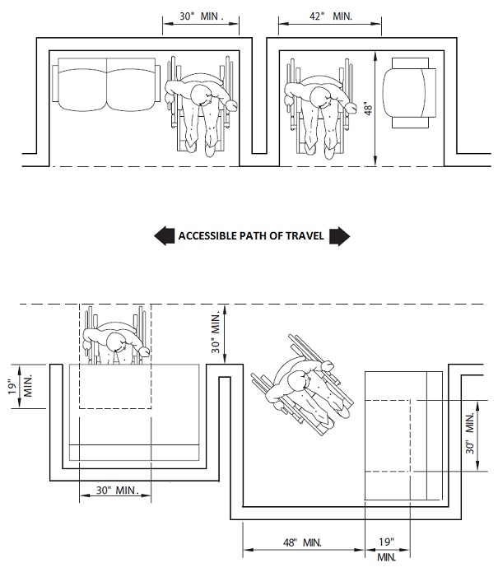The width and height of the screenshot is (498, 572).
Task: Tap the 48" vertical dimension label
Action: tap(367, 109)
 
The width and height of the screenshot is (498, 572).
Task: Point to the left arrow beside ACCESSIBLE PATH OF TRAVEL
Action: tap(163, 236)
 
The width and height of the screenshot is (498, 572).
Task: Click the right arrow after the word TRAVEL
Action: tap(340, 236)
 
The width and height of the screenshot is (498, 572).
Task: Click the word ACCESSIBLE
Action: tap(209, 237)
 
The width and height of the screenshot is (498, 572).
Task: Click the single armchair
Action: tap(412, 92)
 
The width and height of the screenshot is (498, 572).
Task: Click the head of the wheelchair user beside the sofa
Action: tap(206, 96)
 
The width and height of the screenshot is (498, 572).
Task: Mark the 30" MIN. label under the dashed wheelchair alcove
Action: tap(114, 491)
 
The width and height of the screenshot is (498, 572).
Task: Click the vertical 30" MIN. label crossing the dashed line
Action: tap(217, 333)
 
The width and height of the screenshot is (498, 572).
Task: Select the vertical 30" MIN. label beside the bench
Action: tap(472, 435)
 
